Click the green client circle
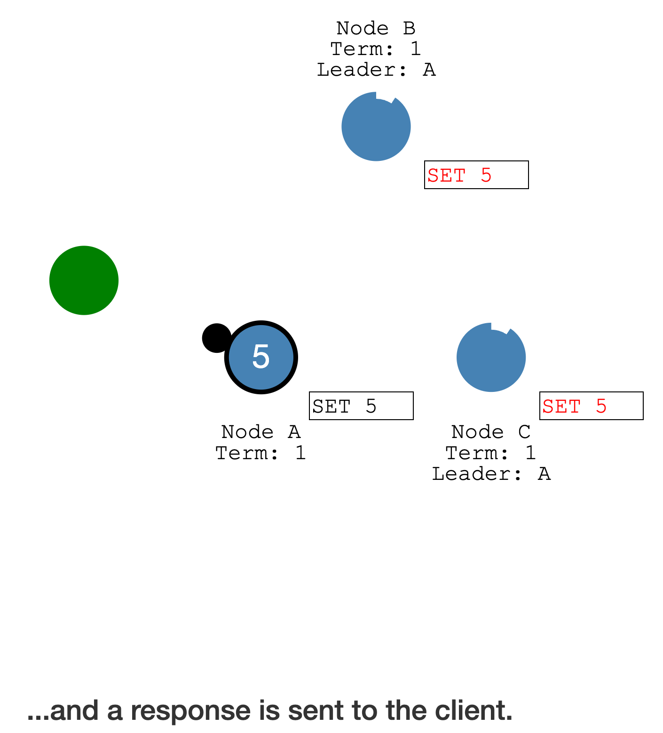pyautogui.click(x=84, y=280)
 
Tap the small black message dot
pyautogui.click(x=216, y=338)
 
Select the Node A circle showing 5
pyautogui.click(x=261, y=357)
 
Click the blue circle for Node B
pyautogui.click(x=376, y=127)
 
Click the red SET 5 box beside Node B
pyautogui.click(x=476, y=175)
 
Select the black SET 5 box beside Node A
pyautogui.click(x=361, y=406)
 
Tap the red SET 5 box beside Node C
pyautogui.click(x=591, y=406)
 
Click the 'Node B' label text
pyautogui.click(x=376, y=29)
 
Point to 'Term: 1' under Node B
pyautogui.click(x=376, y=49)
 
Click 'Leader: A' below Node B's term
pyautogui.click(x=376, y=70)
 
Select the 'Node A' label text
pyautogui.click(x=260, y=432)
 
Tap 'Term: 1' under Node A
pyautogui.click(x=260, y=453)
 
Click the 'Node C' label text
pyautogui.click(x=491, y=432)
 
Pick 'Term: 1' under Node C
pyautogui.click(x=491, y=453)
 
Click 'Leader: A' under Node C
pyautogui.click(x=491, y=474)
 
